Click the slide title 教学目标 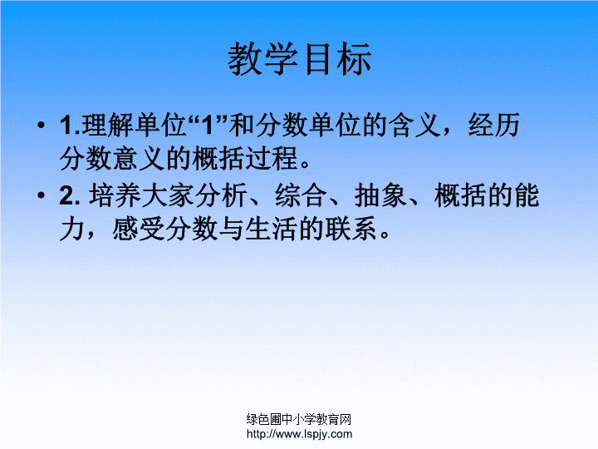pyautogui.click(x=299, y=59)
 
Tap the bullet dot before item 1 pyautogui.click(x=42, y=125)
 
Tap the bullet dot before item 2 pyautogui.click(x=42, y=195)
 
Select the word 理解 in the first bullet pyautogui.click(x=107, y=125)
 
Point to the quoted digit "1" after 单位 pyautogui.click(x=208, y=125)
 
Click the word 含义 pyautogui.click(x=415, y=125)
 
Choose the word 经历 pyautogui.click(x=494, y=125)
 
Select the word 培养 pyautogui.click(x=115, y=195)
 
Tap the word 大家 pyautogui.click(x=168, y=195)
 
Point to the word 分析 pyautogui.click(x=221, y=195)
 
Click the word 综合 pyautogui.click(x=301, y=195)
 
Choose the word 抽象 pyautogui.click(x=380, y=195)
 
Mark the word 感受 pyautogui.click(x=139, y=229)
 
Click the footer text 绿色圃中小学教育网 pyautogui.click(x=299, y=419)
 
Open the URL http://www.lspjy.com pyautogui.click(x=299, y=434)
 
